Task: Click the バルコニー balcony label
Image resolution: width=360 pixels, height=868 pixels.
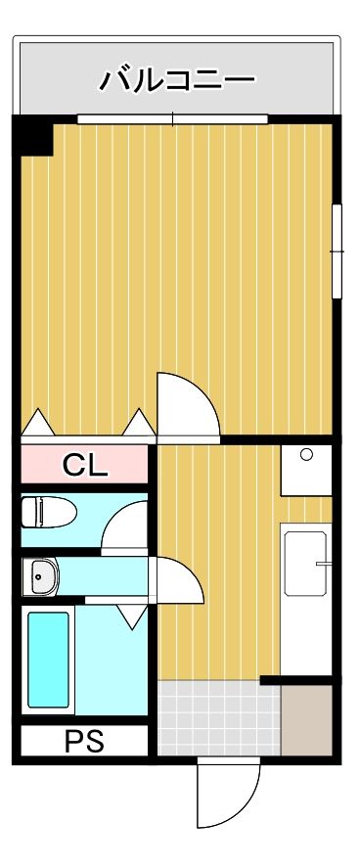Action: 177,79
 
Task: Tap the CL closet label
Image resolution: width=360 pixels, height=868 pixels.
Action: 86,465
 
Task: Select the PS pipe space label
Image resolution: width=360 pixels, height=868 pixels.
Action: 84,740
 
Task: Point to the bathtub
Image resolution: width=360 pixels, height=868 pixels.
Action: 48,660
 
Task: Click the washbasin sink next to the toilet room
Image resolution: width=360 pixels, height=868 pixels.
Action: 41,576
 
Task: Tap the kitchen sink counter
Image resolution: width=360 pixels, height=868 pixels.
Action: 306,562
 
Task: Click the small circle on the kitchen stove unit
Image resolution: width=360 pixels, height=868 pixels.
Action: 306,455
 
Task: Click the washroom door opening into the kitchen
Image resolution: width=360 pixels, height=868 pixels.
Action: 178,581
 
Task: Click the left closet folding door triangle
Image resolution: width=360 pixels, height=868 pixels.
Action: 38,423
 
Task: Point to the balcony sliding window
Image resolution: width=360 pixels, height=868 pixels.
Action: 172,119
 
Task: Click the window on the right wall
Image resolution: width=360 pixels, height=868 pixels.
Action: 337,251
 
